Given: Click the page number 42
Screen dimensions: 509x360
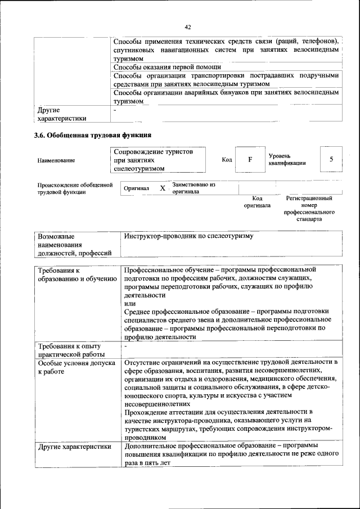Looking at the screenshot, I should coord(188,27).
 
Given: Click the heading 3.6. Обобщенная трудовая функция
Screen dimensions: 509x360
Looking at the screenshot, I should coord(93,135).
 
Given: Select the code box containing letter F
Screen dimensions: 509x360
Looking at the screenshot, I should coord(249,160).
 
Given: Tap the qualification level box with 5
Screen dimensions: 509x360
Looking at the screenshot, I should coord(331,160).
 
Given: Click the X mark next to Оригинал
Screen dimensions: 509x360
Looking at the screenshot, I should coord(162,188).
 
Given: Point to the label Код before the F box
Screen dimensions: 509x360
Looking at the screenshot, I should coord(227,160).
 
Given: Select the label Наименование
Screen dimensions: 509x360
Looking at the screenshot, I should coord(56,160).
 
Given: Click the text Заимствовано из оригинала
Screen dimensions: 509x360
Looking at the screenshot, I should coord(193,188).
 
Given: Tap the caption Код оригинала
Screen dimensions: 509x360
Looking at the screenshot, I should coord(257,202).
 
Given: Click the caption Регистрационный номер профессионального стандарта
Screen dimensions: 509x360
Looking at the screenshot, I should coord(309,209).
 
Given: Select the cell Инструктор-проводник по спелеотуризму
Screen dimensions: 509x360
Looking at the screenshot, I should coord(189,236).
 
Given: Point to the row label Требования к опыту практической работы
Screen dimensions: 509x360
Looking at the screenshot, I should coord(71,349).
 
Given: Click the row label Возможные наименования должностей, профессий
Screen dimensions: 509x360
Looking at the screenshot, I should coord(70,245).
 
